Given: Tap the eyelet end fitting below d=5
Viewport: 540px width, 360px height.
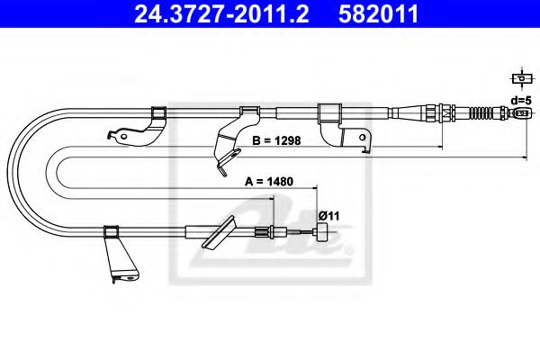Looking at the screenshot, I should [x=519, y=114].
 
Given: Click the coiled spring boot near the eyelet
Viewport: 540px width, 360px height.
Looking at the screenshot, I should [x=485, y=114].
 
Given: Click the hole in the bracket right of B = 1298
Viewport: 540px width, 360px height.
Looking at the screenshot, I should [x=363, y=139].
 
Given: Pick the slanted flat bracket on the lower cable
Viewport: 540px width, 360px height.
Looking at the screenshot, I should [x=220, y=236].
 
